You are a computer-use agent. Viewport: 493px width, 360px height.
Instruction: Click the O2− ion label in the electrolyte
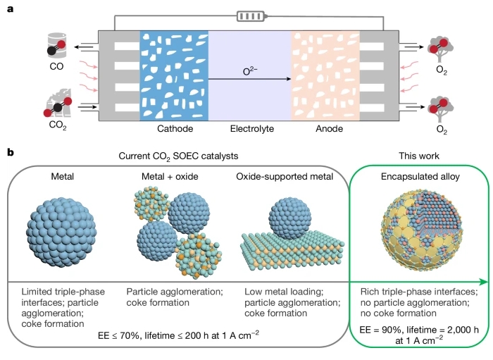250,71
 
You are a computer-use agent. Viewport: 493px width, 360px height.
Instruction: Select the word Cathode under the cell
175,129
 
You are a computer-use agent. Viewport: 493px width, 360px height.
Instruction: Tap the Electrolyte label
252,129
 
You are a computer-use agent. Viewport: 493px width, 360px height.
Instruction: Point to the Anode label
329,129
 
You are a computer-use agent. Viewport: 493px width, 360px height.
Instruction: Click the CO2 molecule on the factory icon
58,107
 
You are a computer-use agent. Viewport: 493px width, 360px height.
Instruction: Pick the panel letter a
11,9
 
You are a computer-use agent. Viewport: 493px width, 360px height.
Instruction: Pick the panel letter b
11,152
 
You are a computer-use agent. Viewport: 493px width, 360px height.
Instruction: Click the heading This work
419,156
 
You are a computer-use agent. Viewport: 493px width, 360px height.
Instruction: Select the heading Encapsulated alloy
420,176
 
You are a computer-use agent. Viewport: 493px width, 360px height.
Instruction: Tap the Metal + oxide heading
170,176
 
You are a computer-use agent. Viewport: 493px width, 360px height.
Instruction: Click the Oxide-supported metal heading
285,176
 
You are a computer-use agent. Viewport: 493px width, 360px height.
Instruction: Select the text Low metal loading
284,292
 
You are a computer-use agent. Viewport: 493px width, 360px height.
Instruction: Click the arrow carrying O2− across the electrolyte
249,79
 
